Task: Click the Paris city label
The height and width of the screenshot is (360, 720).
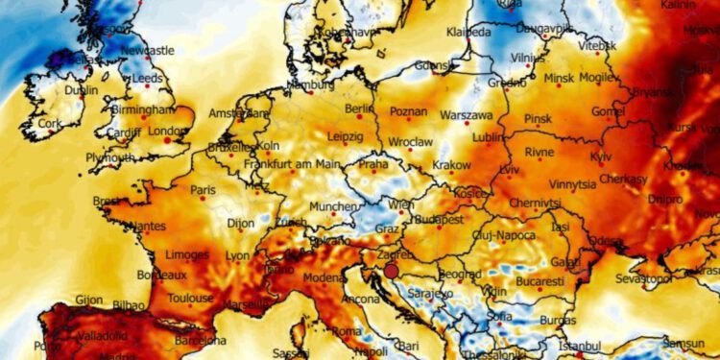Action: pos(203,190)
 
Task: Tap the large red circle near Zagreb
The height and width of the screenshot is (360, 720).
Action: pos(391,272)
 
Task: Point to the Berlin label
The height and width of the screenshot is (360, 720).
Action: pos(358,109)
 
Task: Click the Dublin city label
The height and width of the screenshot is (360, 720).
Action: pos(81,90)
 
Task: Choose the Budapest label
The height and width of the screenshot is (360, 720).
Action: pos(438,219)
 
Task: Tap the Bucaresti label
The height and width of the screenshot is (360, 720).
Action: pos(539,282)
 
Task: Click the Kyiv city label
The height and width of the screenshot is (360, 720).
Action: pos(601,156)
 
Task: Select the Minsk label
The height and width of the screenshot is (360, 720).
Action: pos(558,77)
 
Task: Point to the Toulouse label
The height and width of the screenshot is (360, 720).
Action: pos(189,299)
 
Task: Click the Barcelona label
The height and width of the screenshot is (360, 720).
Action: pos(200,340)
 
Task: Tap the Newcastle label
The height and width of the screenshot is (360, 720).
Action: pos(148,50)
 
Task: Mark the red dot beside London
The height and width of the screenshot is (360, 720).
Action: pos(168,140)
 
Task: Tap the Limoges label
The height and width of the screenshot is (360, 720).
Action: pos(187,255)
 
